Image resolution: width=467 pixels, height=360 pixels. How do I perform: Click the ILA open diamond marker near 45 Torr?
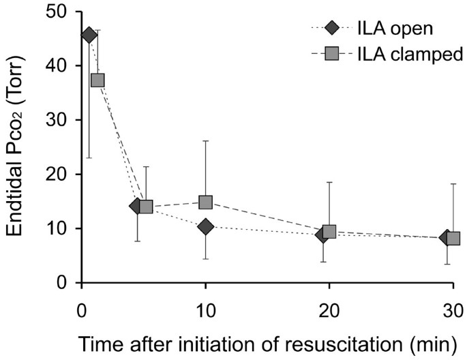tap(89, 35)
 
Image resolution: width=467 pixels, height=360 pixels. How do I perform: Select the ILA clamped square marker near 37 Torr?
tap(97, 80)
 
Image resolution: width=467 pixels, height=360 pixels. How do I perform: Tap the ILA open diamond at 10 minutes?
tap(205, 226)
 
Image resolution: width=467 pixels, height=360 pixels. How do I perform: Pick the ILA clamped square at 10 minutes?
tap(205, 202)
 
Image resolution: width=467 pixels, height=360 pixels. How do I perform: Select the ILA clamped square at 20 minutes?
tap(329, 232)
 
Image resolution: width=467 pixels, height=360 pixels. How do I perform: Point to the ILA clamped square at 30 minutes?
tap(453, 238)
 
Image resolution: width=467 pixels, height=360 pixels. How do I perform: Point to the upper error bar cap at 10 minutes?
tap(205, 140)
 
